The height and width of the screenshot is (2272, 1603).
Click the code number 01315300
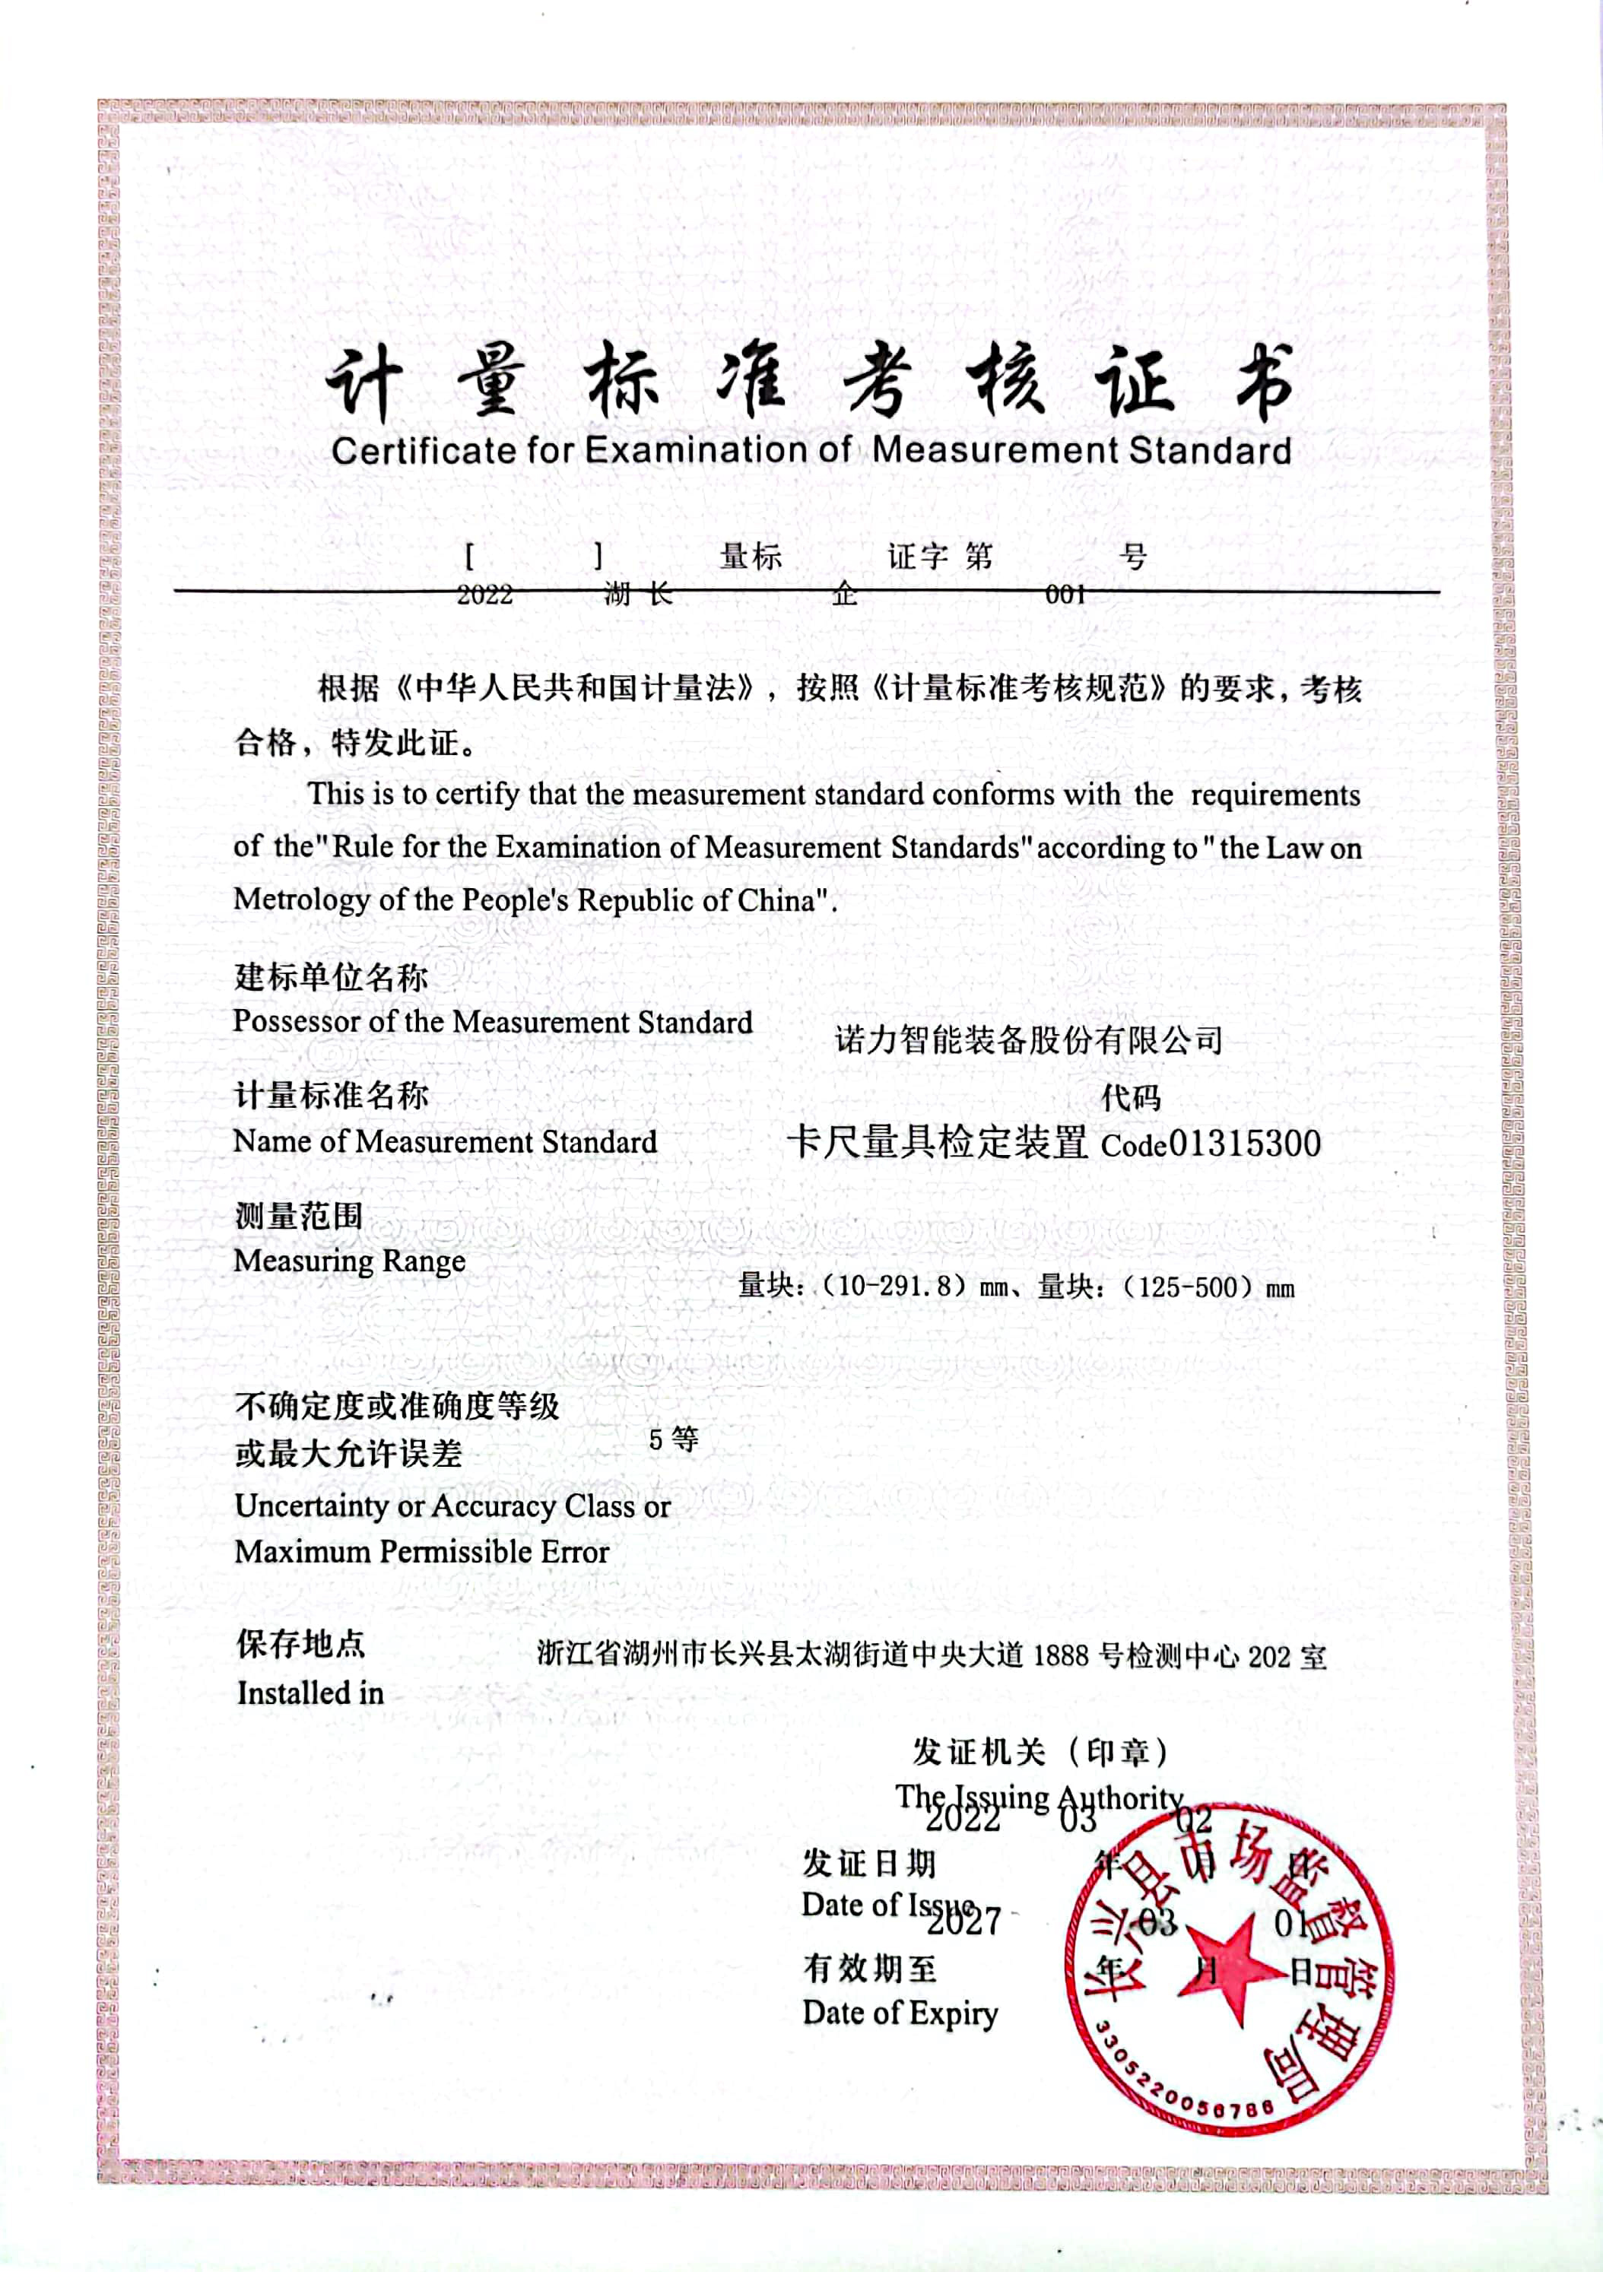[x=1245, y=1143]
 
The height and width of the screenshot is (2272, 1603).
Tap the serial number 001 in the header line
[x=1065, y=594]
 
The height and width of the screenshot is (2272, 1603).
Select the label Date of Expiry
[x=900, y=2013]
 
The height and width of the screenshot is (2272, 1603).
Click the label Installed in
[x=309, y=1693]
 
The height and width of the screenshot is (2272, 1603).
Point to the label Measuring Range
[x=348, y=1261]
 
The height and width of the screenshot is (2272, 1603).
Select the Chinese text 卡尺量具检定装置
[x=936, y=1142]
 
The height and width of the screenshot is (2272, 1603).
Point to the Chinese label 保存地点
[x=300, y=1644]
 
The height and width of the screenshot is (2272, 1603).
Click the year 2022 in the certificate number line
[x=485, y=594]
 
